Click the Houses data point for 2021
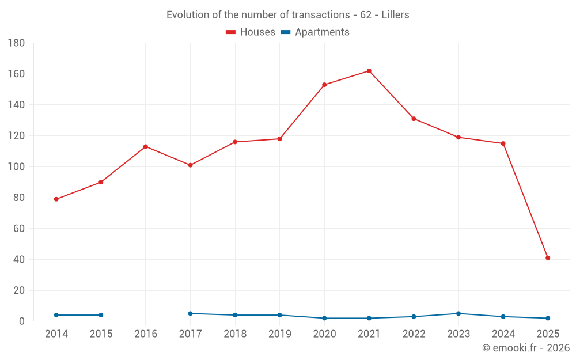click(369, 71)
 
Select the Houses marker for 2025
click(548, 258)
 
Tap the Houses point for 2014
click(56, 199)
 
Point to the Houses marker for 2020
click(324, 85)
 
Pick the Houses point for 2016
click(146, 146)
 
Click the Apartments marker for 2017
click(190, 313)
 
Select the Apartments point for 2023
click(458, 313)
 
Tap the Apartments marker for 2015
click(101, 315)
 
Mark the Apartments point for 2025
click(548, 318)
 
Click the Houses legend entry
click(251, 32)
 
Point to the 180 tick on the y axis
click(16, 43)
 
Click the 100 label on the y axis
click(16, 167)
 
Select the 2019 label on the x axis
click(280, 334)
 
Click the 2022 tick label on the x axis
click(414, 334)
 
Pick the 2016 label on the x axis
click(146, 334)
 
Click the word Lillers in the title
click(395, 15)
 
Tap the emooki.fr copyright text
click(526, 348)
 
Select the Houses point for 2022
click(414, 119)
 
